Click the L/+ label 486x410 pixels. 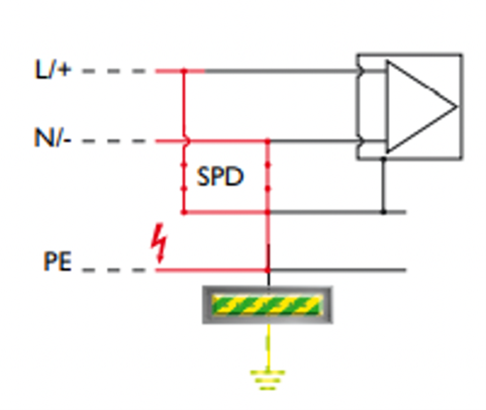pos(52,69)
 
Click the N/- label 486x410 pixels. pos(52,138)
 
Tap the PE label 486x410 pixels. pos(57,261)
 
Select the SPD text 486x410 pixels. pos(220,177)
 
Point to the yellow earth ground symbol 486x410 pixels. pos(267,380)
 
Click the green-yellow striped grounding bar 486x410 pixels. pos(267,305)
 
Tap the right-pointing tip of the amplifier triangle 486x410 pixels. pos(457,106)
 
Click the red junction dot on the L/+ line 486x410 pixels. pos(184,71)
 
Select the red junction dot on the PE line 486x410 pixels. pos(267,270)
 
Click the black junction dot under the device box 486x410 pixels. pos(384,158)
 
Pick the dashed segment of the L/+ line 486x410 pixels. pos(114,71)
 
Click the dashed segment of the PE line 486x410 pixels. pos(114,270)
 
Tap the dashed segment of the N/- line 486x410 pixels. pos(114,141)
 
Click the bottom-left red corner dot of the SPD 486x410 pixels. pos(184,212)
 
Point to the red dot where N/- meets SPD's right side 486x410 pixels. pos(267,141)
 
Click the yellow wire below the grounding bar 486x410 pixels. pos(268,347)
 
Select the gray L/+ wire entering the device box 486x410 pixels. pos(281,71)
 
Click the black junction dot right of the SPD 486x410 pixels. pos(384,212)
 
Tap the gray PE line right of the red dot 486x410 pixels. pos(337,270)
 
